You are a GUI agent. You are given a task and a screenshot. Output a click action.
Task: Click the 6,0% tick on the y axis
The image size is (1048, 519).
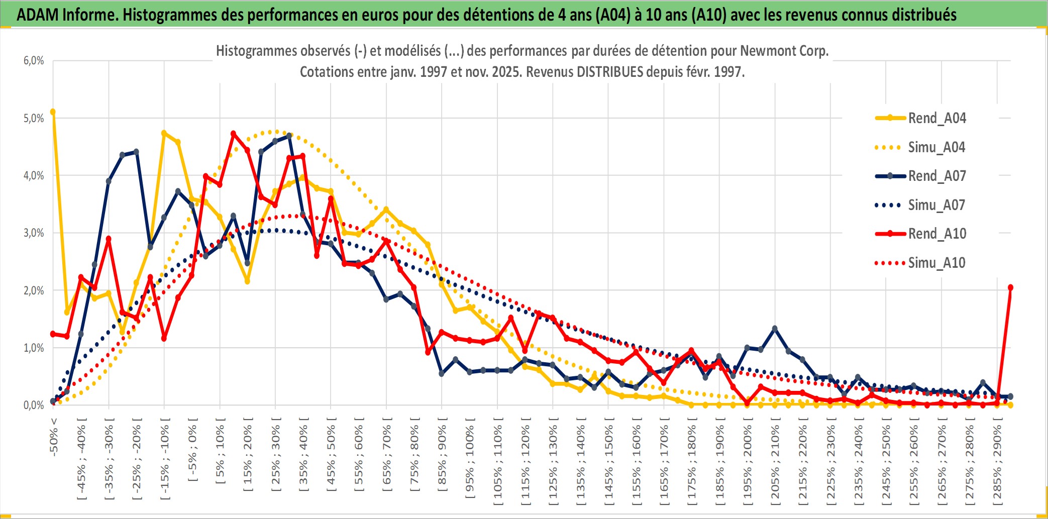(34, 61)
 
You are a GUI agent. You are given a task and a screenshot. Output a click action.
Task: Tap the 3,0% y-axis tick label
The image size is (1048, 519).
(34, 233)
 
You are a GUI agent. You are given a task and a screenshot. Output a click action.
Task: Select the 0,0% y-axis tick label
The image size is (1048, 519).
(34, 405)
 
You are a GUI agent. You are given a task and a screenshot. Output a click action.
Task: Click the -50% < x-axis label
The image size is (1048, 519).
(54, 437)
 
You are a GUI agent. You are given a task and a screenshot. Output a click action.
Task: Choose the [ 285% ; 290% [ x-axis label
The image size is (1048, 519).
(997, 463)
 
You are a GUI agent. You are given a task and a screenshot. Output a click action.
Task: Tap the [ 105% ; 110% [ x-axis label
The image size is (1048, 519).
(498, 463)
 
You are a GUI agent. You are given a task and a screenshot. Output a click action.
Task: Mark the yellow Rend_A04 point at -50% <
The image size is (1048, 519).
(53, 112)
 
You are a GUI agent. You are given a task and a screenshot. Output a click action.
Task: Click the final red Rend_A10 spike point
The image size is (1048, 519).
(1010, 287)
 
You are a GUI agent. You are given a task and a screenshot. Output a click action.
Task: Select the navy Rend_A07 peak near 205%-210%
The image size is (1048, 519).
(775, 329)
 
